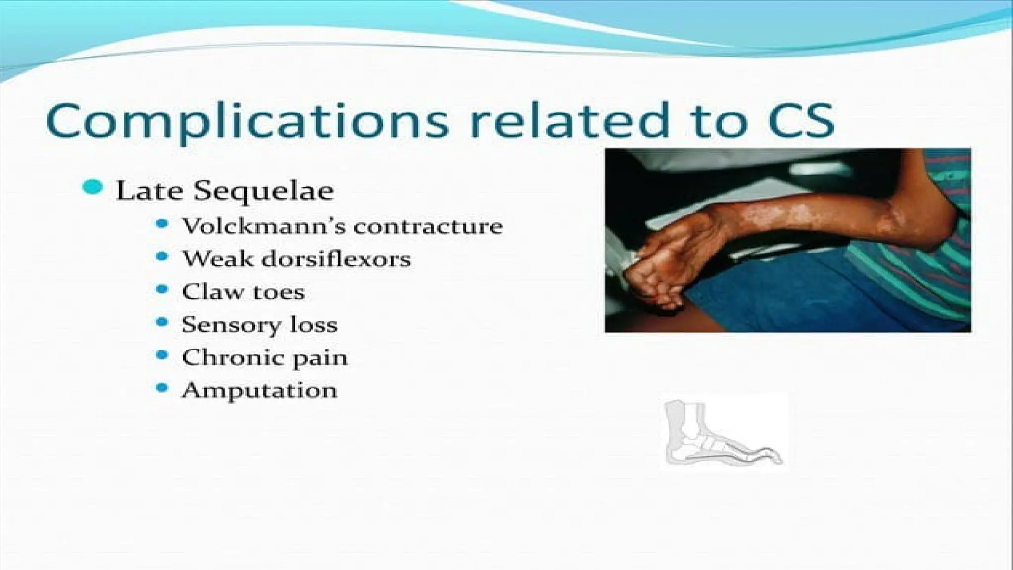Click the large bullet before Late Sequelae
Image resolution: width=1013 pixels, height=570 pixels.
pyautogui.click(x=93, y=188)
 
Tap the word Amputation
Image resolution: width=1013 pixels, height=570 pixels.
pyautogui.click(x=260, y=390)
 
